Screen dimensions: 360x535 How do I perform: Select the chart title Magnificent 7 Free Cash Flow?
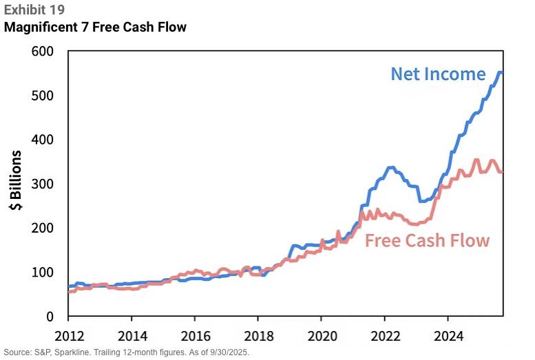pos(95,28)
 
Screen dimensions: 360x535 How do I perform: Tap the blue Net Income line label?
pos(438,74)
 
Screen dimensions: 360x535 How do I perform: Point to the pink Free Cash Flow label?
pos(427,240)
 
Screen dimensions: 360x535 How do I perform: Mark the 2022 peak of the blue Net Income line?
pos(391,167)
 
